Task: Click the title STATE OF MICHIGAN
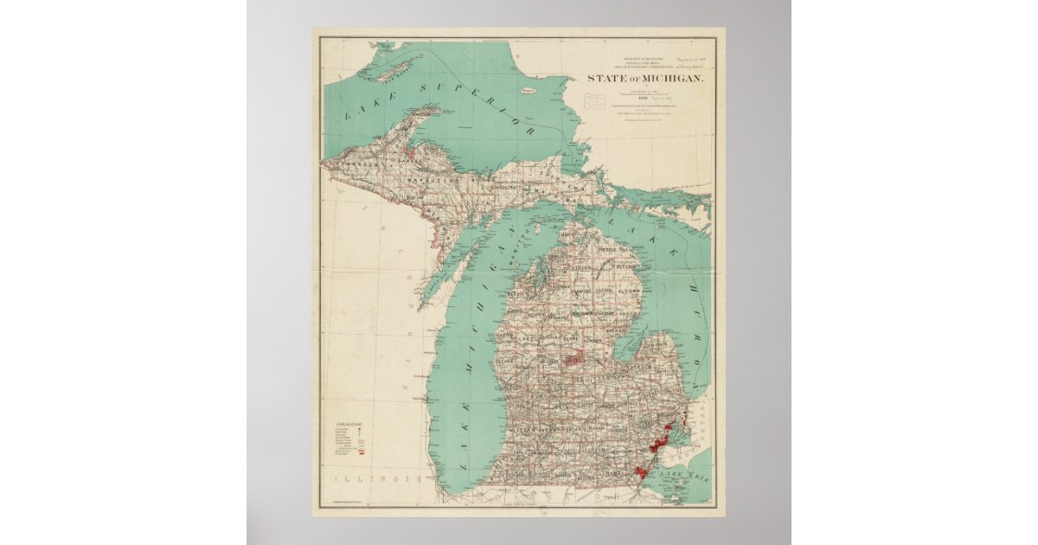click(x=645, y=79)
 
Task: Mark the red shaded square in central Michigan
click(x=572, y=357)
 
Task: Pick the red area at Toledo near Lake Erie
click(x=642, y=471)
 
